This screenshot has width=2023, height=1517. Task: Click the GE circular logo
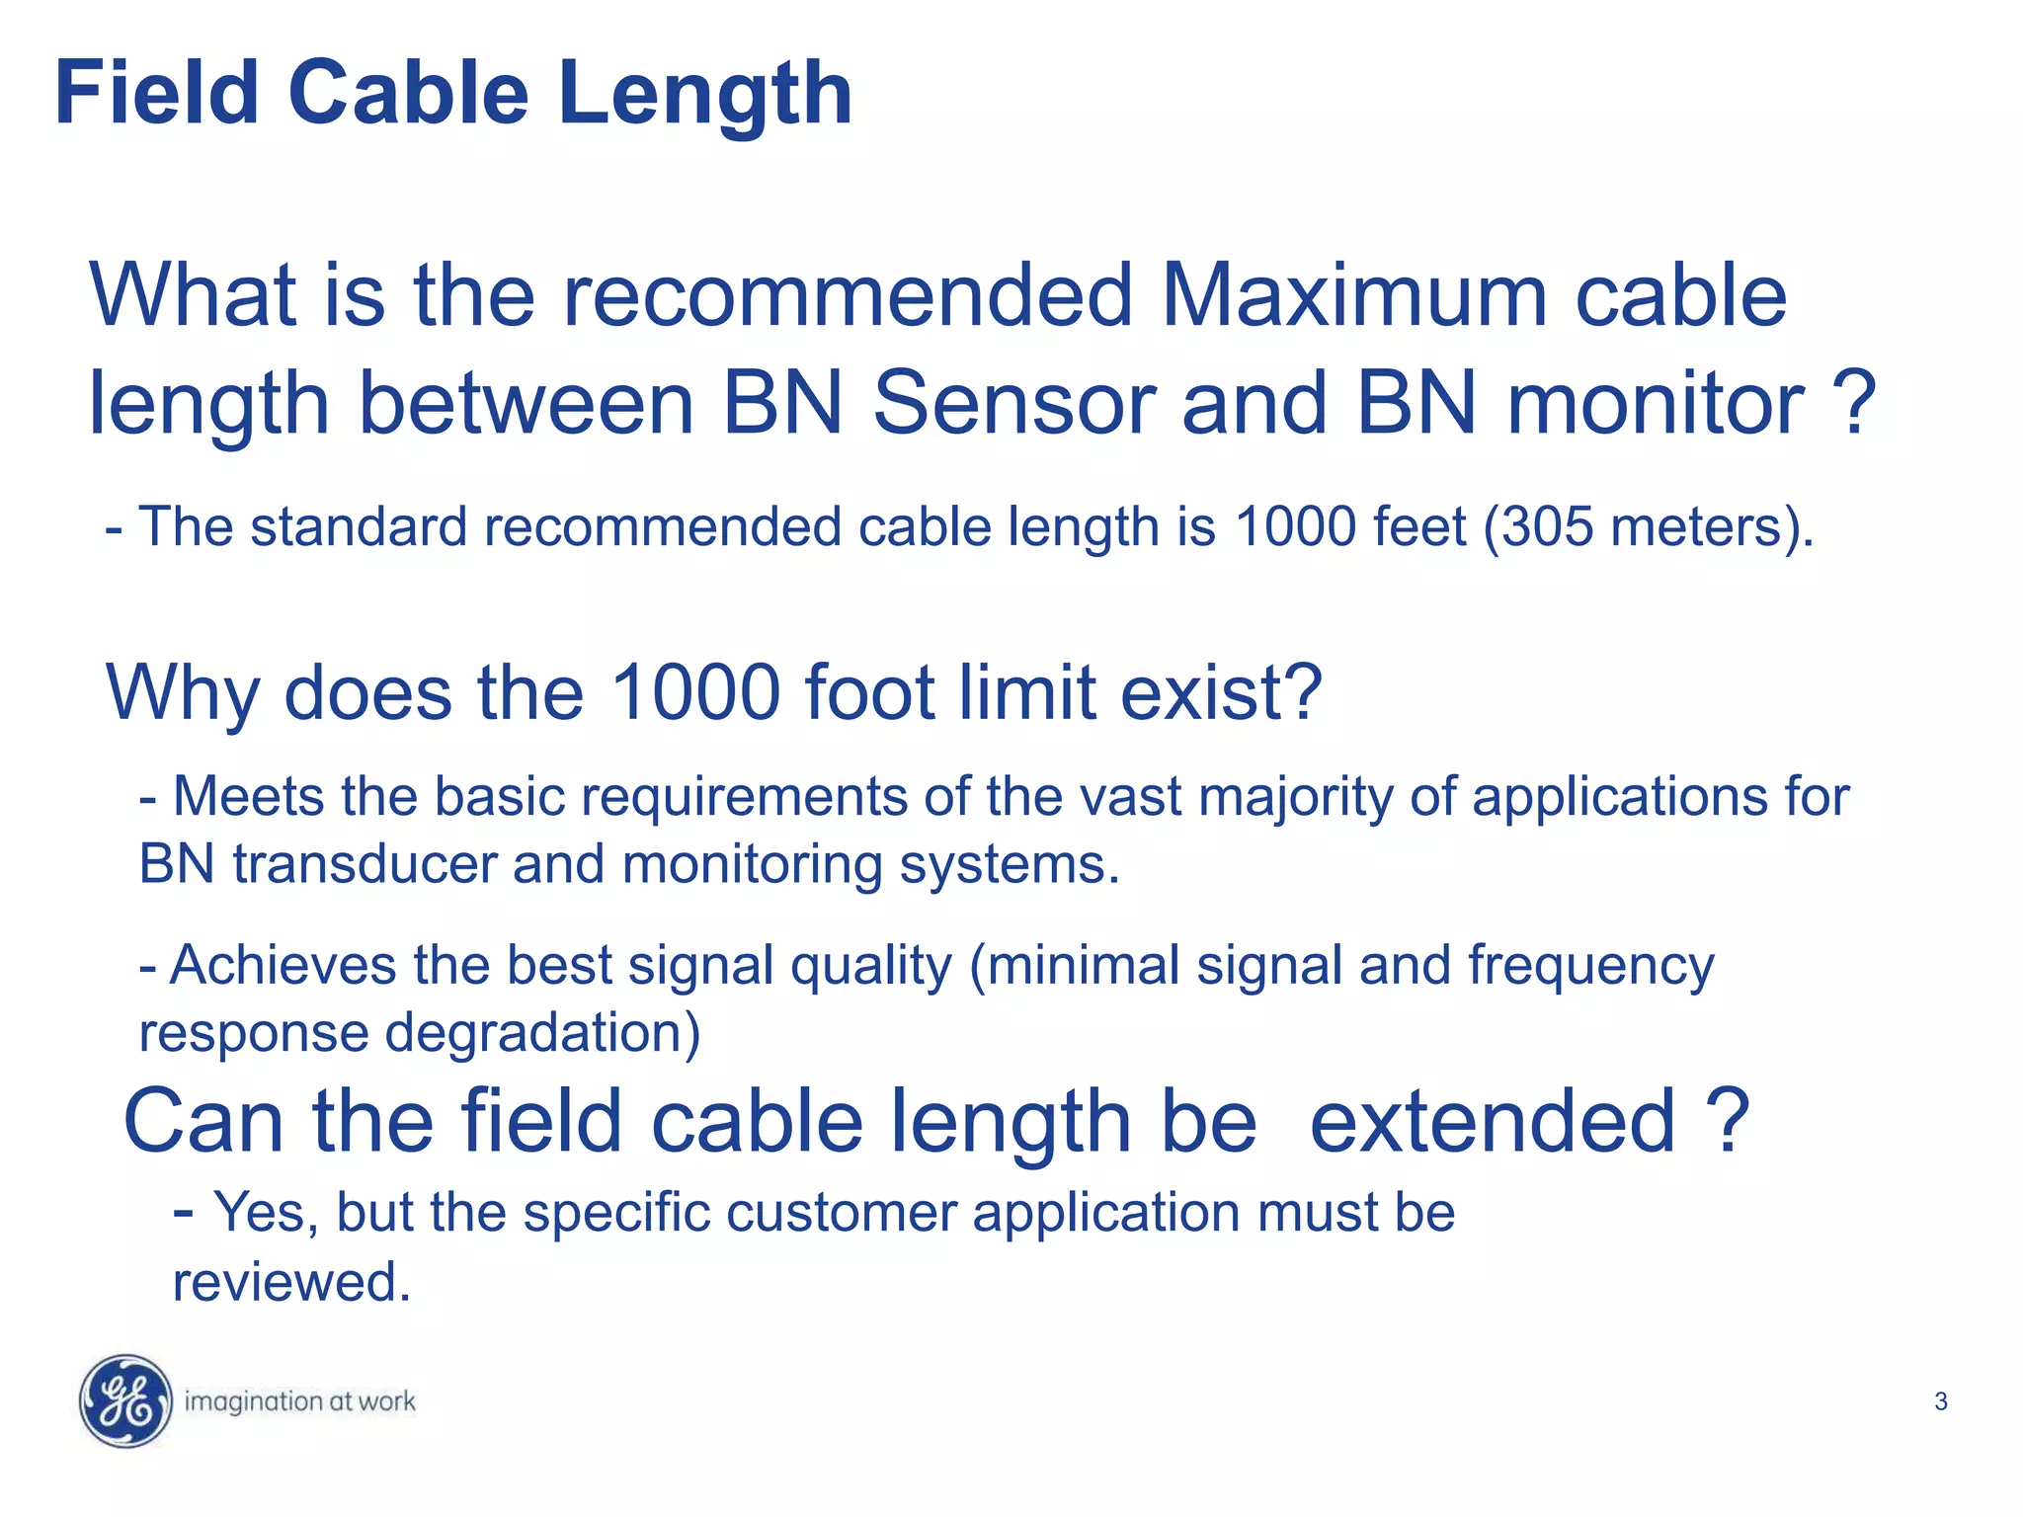click(125, 1400)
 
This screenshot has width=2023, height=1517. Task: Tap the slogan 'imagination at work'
click(299, 1401)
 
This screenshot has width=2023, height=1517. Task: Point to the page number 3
click(1940, 1401)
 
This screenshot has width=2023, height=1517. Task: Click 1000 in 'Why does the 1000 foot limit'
click(695, 692)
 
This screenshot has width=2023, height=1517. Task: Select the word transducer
click(364, 864)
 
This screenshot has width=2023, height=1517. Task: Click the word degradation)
click(542, 1033)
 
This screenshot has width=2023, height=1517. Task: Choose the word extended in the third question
click(1492, 1122)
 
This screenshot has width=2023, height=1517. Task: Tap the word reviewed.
click(290, 1282)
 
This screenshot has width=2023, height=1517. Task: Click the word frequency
click(1590, 965)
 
